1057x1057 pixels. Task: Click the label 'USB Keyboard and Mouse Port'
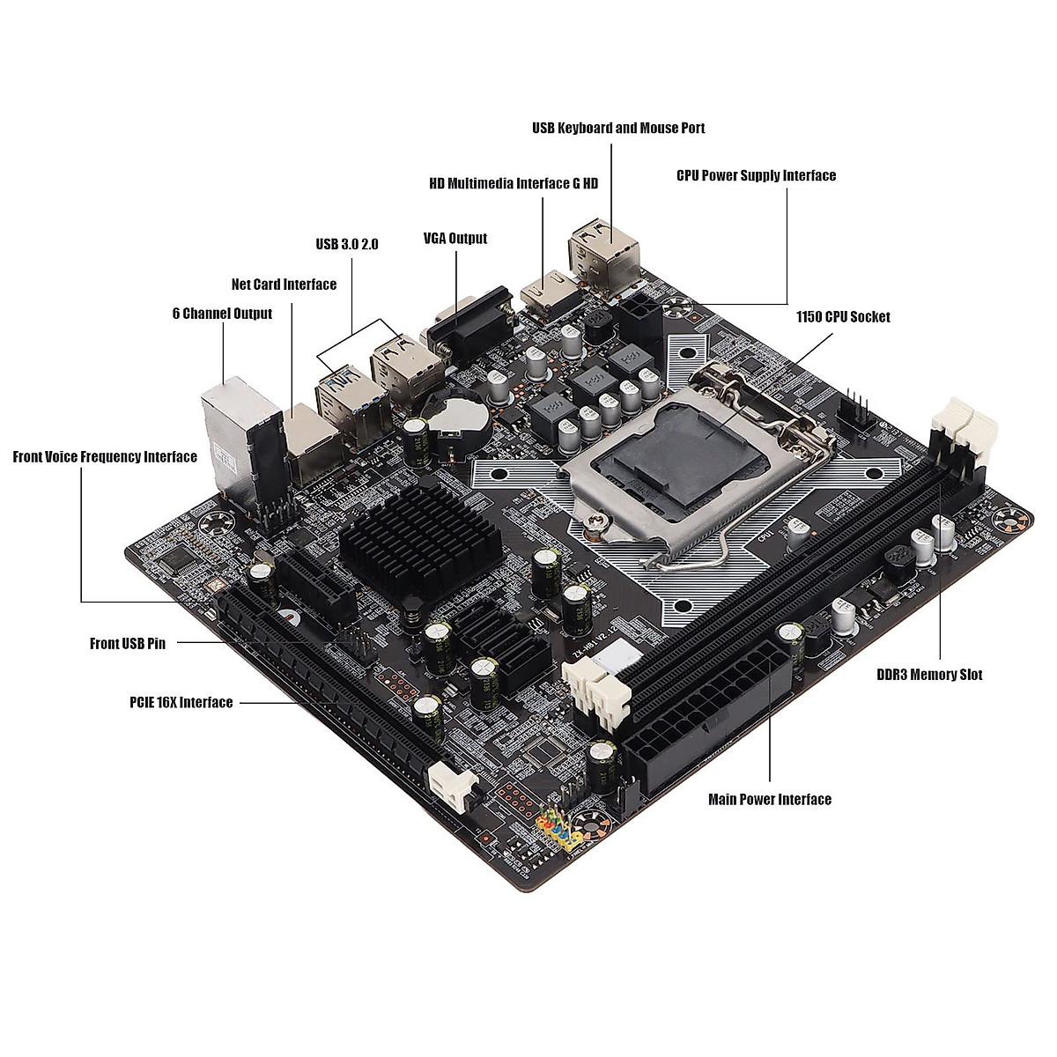click(x=618, y=129)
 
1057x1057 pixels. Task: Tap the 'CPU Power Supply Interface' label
click(x=756, y=176)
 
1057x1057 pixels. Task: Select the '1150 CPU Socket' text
click(x=843, y=317)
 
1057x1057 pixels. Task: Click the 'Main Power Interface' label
click(x=770, y=800)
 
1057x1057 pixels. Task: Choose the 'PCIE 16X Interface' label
click(x=181, y=703)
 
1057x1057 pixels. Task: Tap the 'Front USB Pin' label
click(x=128, y=644)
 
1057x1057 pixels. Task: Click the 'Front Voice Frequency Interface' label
click(x=105, y=457)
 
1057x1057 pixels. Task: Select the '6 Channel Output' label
click(x=222, y=314)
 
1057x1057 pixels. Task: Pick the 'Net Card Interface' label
click(x=284, y=285)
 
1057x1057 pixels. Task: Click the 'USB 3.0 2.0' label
click(x=347, y=244)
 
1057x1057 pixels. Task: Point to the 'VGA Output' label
click(x=455, y=239)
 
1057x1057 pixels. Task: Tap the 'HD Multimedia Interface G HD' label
click(x=514, y=184)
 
